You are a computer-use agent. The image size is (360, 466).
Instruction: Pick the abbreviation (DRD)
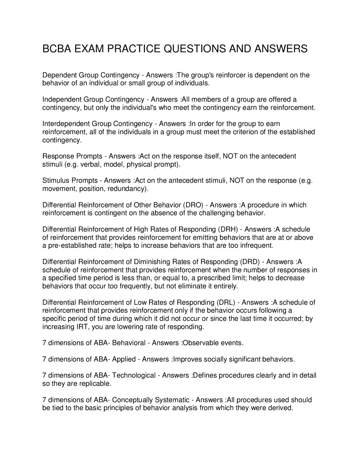[x=249, y=262]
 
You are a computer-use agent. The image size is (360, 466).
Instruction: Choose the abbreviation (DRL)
[x=226, y=303]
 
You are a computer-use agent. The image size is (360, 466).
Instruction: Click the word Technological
[x=134, y=375]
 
